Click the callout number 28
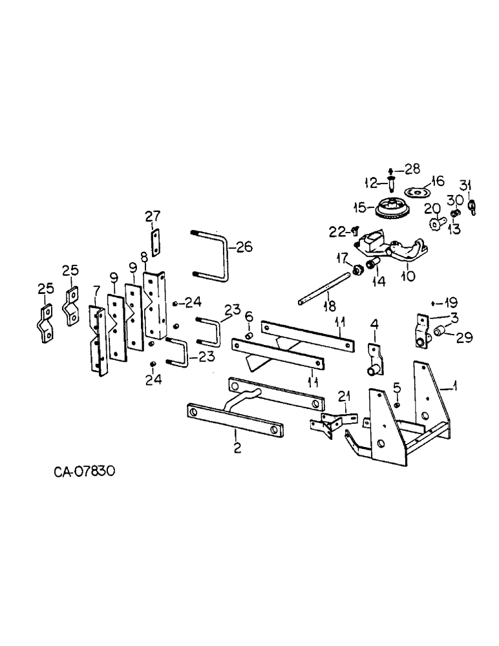412,169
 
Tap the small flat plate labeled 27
156,244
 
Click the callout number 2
237,447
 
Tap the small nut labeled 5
397,404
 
